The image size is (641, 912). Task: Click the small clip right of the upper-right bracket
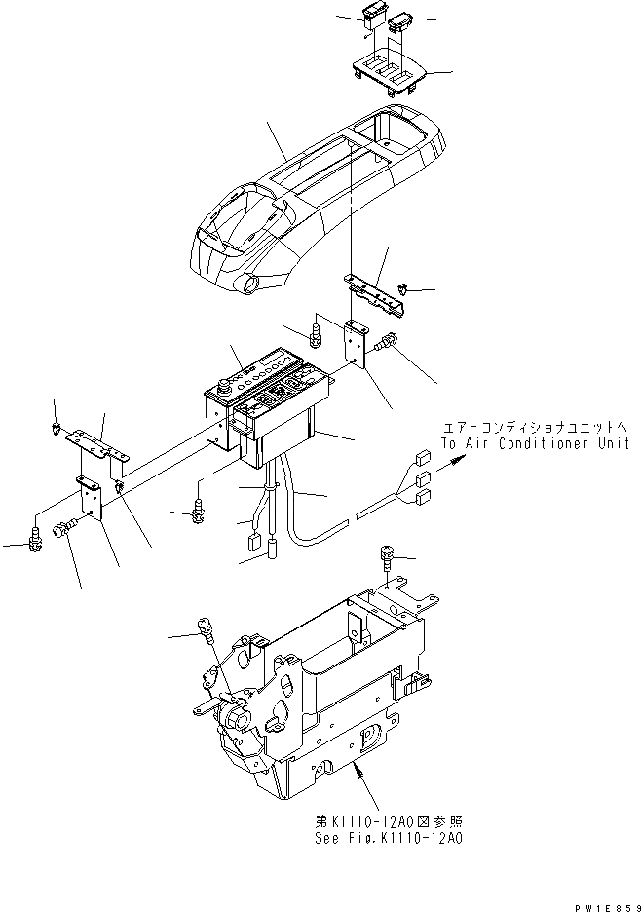pos(402,289)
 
